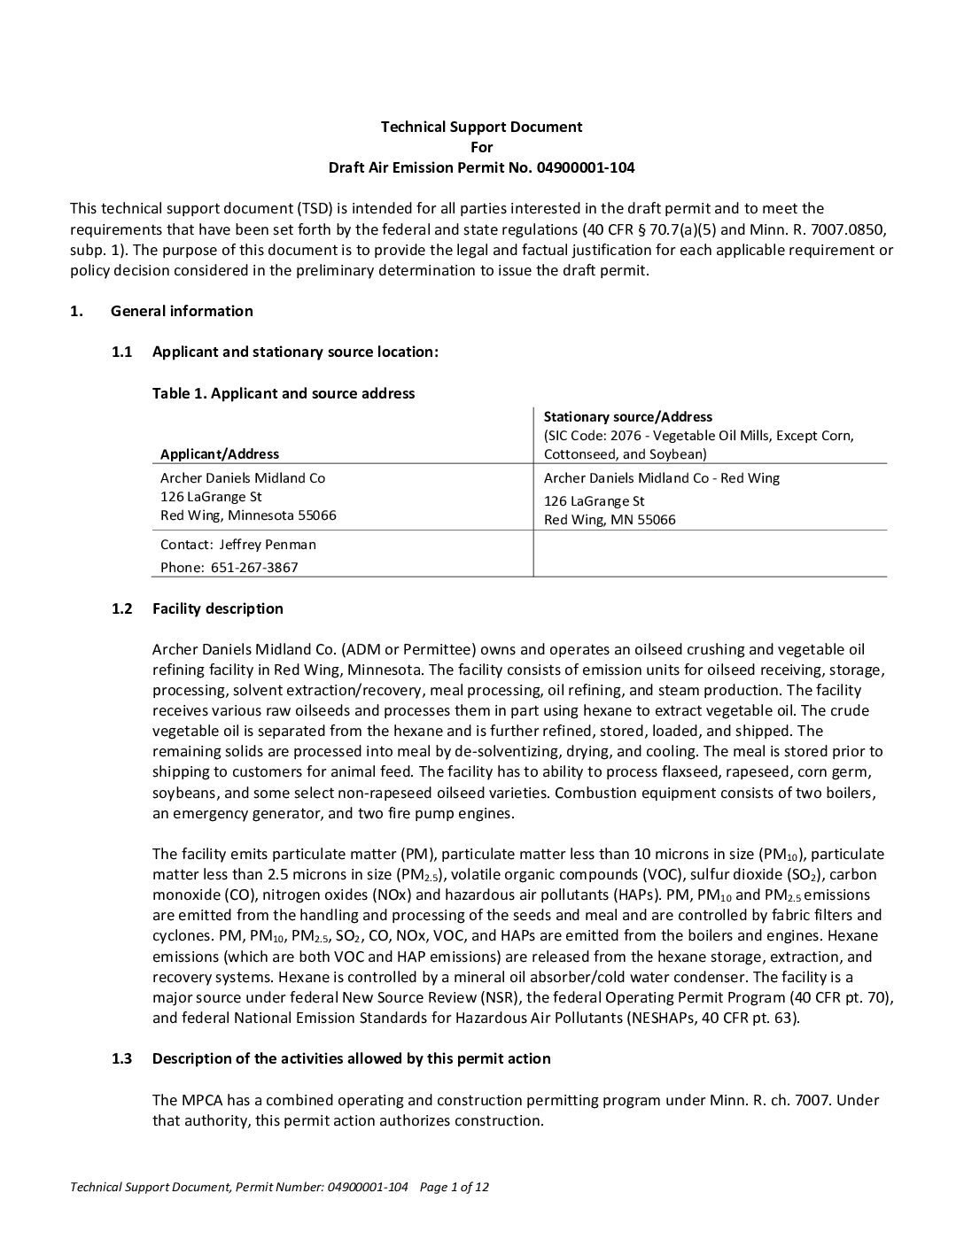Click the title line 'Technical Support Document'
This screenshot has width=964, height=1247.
(481, 127)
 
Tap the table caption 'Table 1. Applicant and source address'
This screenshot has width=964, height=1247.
(284, 393)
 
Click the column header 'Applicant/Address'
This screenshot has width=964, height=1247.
(220, 454)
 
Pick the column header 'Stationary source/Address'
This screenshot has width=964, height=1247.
(627, 416)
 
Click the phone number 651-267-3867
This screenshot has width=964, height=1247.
(254, 568)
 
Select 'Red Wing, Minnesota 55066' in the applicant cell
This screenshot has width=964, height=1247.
(248, 515)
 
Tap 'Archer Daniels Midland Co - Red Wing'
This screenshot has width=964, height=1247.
(662, 478)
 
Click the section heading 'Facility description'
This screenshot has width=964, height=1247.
(218, 608)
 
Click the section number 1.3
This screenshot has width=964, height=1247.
(122, 1058)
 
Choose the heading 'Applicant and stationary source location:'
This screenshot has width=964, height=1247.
(295, 352)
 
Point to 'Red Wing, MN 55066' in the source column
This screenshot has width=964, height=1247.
(610, 520)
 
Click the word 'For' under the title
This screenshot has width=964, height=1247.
(481, 147)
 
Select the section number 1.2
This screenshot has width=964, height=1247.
(122, 608)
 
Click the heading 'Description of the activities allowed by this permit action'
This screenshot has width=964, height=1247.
(351, 1058)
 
